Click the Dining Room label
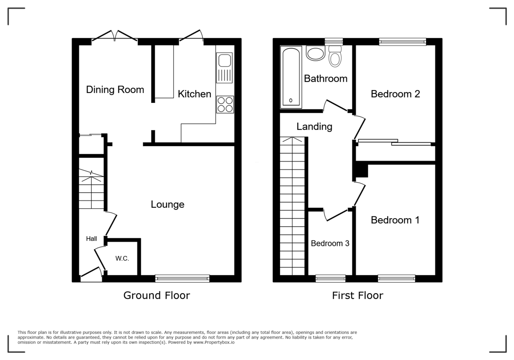[115, 90]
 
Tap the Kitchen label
[194, 94]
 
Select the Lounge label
[167, 204]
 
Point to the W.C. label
[122, 258]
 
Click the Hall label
[91, 239]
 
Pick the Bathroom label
[326, 78]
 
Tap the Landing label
[314, 126]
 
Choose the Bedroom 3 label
[330, 243]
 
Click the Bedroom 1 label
[395, 220]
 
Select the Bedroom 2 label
[395, 94]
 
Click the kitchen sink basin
[224, 60]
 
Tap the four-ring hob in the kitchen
[225, 105]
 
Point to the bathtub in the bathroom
[291, 77]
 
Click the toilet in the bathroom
[335, 56]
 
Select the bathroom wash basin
[316, 53]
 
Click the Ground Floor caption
[157, 295]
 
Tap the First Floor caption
[358, 295]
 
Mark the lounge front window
[182, 279]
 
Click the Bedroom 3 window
[330, 279]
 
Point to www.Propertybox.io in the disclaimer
[214, 342]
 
